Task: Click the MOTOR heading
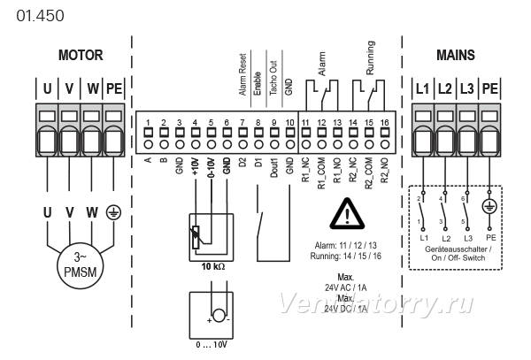(x=81, y=55)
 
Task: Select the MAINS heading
(x=456, y=55)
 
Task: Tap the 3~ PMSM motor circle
(x=81, y=264)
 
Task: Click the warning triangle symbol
(x=347, y=214)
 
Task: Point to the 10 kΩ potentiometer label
(x=213, y=266)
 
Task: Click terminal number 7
(x=242, y=122)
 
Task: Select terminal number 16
(x=384, y=122)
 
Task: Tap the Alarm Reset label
(x=242, y=74)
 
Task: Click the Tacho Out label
(x=273, y=78)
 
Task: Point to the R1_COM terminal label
(x=321, y=173)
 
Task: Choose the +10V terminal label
(x=196, y=166)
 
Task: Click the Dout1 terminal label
(x=274, y=168)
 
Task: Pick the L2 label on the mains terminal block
(x=444, y=88)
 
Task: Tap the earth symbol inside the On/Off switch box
(x=489, y=206)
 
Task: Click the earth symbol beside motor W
(x=113, y=212)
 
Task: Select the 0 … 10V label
(x=212, y=345)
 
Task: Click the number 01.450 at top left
(x=40, y=16)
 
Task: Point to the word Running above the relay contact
(x=370, y=57)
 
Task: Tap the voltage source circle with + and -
(x=219, y=316)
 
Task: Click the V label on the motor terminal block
(x=69, y=88)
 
